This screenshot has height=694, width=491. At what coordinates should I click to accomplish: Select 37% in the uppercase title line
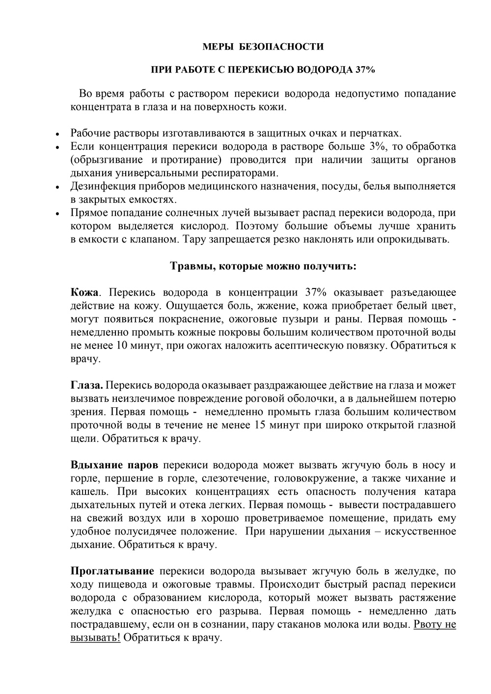pos(365,70)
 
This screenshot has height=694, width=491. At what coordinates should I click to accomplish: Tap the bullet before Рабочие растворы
pos(57,133)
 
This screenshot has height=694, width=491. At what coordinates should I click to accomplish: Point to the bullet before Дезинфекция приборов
pos(57,187)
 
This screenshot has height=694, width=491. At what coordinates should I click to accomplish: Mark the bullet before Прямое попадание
pos(57,214)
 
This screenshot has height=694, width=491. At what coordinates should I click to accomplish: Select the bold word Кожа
pos(85,293)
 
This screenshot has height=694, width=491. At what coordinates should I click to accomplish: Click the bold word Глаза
pos(87,385)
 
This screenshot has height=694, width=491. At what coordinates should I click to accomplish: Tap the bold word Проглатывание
pos(112,571)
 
